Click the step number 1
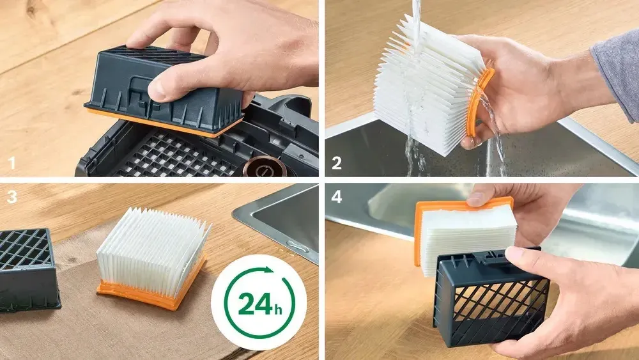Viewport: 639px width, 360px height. [12, 163]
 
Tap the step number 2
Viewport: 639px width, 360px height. [337, 163]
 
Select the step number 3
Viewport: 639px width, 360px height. [12, 197]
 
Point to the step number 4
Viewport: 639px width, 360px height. [337, 197]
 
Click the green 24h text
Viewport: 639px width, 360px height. [260, 304]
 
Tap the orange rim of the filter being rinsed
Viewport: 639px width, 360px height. [479, 102]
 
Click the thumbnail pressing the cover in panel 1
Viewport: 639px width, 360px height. [157, 94]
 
